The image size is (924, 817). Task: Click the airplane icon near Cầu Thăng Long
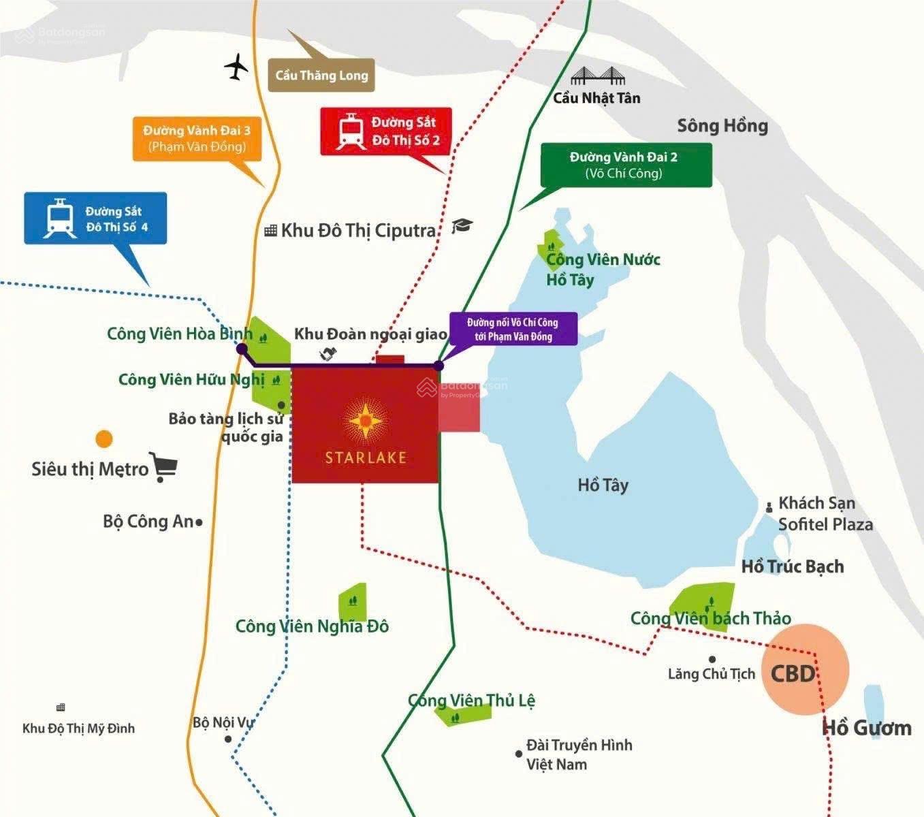236,67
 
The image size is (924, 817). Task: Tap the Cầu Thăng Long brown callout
321,76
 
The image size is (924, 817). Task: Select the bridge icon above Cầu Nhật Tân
597,76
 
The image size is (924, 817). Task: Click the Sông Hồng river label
722,126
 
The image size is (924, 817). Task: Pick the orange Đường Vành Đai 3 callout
197,138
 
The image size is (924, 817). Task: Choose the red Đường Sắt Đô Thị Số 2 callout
386,131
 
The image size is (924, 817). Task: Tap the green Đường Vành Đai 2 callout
625,165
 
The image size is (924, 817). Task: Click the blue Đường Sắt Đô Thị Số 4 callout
95,218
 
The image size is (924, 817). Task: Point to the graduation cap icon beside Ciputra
462,226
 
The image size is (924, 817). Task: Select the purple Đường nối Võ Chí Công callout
513,330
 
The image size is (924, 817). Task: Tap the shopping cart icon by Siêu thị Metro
163,468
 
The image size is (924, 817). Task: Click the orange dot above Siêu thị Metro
104,438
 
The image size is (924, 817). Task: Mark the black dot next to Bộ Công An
199,523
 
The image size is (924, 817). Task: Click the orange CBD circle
805,669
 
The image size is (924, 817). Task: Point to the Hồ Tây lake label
603,485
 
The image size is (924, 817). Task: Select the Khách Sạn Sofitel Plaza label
825,513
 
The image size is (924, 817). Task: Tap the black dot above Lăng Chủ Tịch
712,659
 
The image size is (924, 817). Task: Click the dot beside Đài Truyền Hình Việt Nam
519,754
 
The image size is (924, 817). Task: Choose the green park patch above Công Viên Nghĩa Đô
353,601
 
